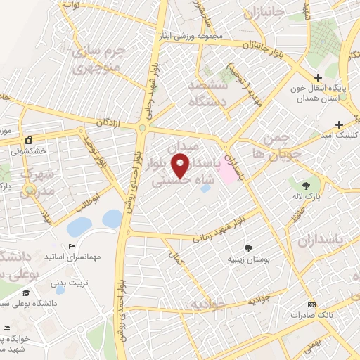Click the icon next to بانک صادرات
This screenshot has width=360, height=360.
pos(313,304)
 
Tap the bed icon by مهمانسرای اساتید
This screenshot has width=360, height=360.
pos(73,246)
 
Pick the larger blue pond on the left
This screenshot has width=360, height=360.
pos(79,227)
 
